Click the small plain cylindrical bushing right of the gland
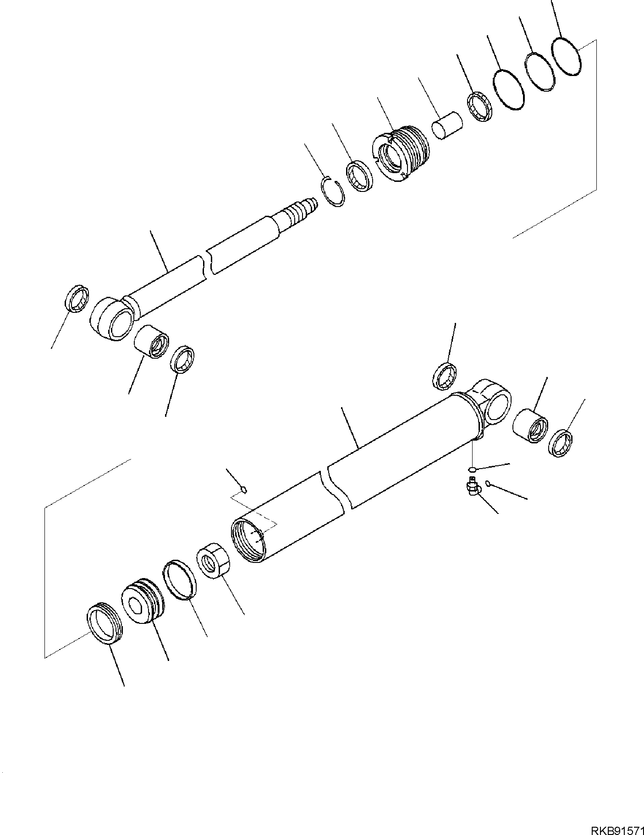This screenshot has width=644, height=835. coord(446,124)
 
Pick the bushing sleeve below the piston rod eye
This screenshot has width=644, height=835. coord(152,341)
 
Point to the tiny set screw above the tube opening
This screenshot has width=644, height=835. coord(244,490)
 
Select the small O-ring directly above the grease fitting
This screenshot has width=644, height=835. coord(473,469)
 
